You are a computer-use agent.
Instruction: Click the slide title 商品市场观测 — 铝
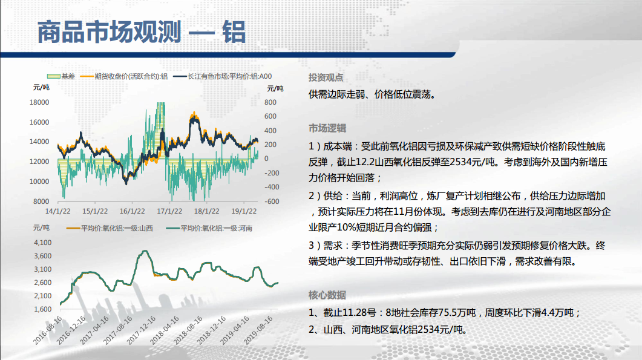pyautogui.click(x=141, y=32)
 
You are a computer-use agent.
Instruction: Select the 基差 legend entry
pyautogui.click(x=61, y=76)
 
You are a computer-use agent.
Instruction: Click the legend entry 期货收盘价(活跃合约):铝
pyautogui.click(x=124, y=76)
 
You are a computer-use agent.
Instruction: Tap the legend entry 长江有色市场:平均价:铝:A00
pyautogui.click(x=222, y=76)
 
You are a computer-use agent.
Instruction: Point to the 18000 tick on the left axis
pyautogui.click(x=39, y=102)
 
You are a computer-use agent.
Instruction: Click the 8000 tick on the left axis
pyautogui.click(x=41, y=201)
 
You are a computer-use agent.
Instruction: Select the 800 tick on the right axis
pyautogui.click(x=270, y=102)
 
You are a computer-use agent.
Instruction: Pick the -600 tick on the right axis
pyautogui.click(x=272, y=201)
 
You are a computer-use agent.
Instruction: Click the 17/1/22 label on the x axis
pyautogui.click(x=169, y=211)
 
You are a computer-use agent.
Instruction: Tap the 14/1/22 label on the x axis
pyautogui.click(x=57, y=211)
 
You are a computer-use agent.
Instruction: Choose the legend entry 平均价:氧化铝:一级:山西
pyautogui.click(x=110, y=228)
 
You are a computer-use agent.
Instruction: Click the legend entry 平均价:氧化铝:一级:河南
pyautogui.click(x=209, y=228)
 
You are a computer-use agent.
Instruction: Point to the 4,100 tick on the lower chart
pyautogui.click(x=42, y=243)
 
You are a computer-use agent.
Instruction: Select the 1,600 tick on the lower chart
pyautogui.click(x=42, y=309)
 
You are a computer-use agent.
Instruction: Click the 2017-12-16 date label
pyautogui.click(x=142, y=330)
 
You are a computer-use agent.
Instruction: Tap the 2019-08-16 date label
pyautogui.click(x=259, y=330)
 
